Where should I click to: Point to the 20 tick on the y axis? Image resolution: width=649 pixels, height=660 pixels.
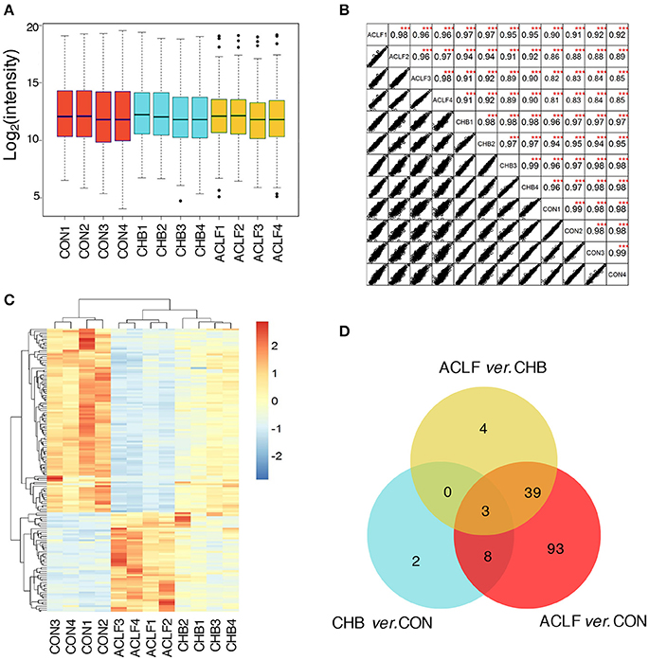point(30,27)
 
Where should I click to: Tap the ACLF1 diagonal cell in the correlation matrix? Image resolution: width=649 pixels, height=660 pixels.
point(377,37)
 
